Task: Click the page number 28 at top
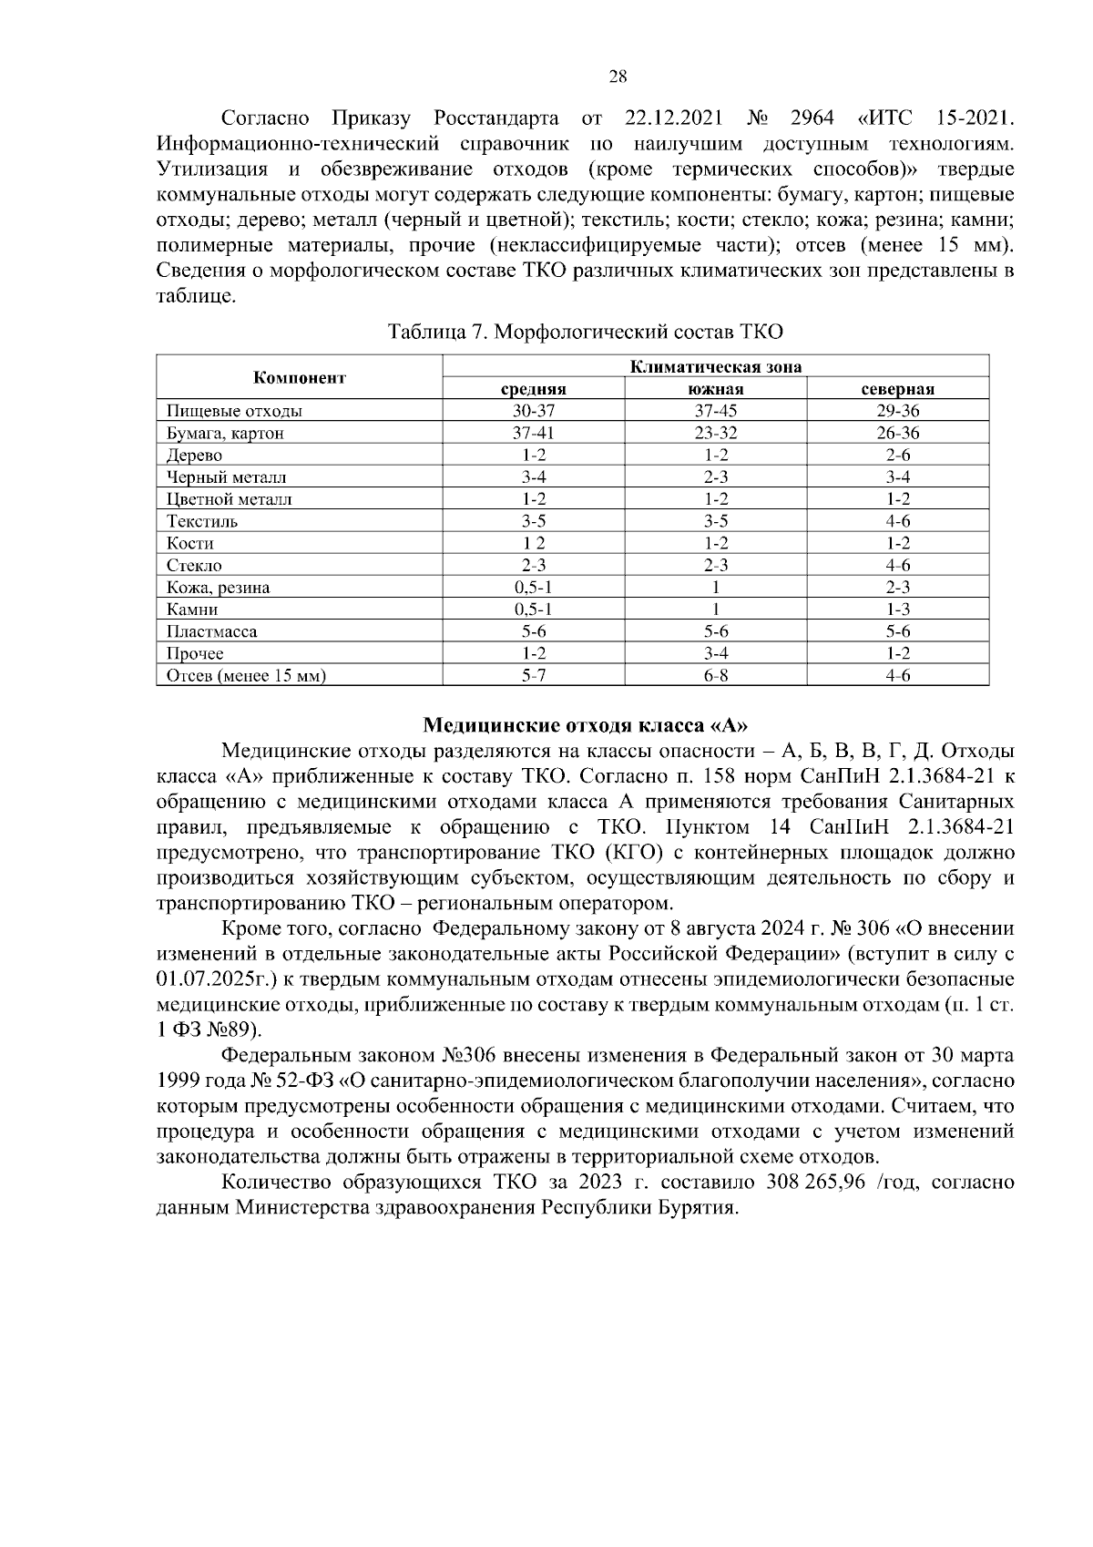[617, 77]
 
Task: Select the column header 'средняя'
[534, 390]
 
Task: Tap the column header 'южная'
[716, 390]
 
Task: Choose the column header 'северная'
[897, 390]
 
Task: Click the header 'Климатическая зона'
[716, 367]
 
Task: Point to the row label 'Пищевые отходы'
[234, 411]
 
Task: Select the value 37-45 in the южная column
[716, 411]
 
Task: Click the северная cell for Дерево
[897, 456]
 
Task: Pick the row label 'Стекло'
[194, 566]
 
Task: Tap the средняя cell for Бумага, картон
[534, 434]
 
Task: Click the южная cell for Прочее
[716, 654]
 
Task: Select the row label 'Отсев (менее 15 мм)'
[246, 676]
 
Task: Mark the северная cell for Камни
[897, 610]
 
